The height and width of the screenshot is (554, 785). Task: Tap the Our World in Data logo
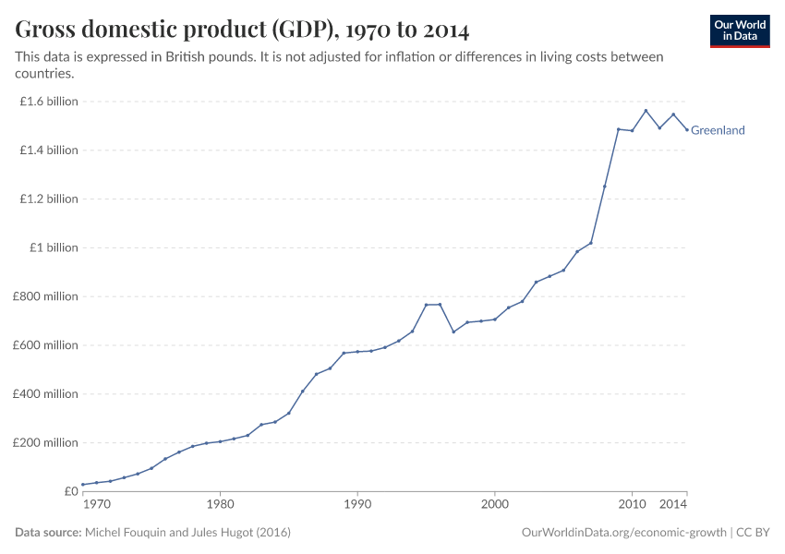[x=739, y=30]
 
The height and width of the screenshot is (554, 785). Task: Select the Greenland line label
[x=718, y=130]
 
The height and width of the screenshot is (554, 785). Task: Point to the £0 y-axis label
[x=71, y=491]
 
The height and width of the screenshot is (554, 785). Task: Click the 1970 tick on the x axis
[x=96, y=506]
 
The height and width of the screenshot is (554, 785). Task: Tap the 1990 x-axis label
[x=357, y=506]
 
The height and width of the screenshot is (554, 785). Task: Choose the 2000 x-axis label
[x=495, y=506]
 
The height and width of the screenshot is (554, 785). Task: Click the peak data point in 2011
[x=646, y=111]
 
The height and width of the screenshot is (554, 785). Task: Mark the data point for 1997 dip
[x=453, y=331]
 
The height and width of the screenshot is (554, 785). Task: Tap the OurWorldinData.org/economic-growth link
[x=625, y=533]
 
